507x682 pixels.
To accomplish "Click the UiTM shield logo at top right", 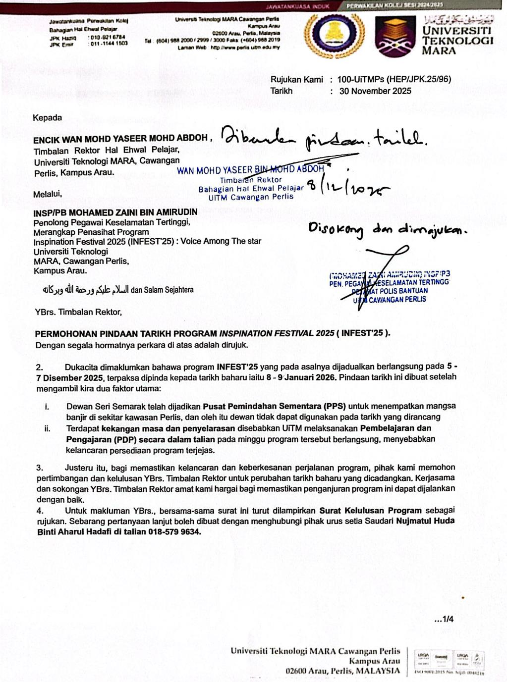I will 395,37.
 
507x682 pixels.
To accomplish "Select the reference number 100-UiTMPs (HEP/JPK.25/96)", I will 394,79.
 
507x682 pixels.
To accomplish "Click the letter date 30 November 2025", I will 375,91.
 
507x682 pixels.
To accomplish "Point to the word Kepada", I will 47,118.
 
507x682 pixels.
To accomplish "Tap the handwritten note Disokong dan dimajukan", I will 387,230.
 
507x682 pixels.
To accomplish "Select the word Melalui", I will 48,195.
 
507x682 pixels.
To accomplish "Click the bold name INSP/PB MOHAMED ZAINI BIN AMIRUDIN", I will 115,212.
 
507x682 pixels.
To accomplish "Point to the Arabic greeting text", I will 85,290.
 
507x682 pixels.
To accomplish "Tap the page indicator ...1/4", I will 444,619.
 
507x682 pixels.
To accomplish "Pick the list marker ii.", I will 48,428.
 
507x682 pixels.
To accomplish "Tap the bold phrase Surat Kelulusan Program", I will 370,510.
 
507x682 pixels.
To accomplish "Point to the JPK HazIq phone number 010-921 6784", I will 107,37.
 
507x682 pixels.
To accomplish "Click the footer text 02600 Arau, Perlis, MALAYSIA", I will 342,671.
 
